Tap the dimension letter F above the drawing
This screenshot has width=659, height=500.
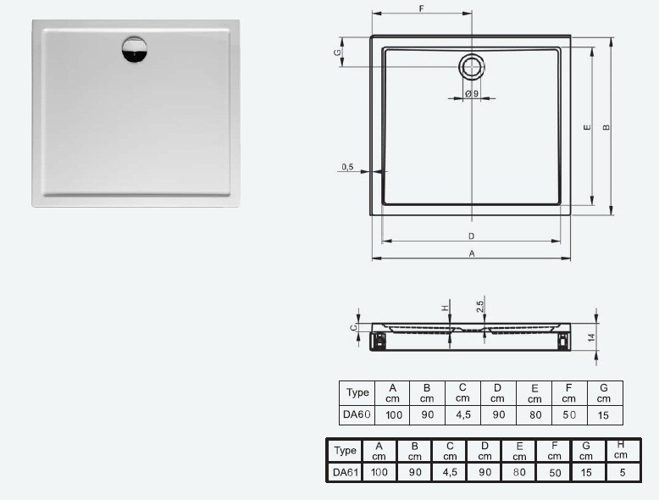[421, 8]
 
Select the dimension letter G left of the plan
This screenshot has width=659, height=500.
[337, 53]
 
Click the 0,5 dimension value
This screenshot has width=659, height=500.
[347, 167]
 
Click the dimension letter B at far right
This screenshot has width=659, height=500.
[606, 128]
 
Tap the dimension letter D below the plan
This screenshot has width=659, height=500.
[471, 236]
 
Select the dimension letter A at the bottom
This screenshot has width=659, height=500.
[471, 253]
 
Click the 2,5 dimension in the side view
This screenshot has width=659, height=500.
[480, 305]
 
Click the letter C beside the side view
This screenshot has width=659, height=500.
[354, 326]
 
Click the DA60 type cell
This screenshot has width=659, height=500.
[357, 414]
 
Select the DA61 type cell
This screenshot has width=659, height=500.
[345, 472]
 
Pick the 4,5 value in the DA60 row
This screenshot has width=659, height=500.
[462, 415]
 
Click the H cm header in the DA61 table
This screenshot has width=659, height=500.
[622, 450]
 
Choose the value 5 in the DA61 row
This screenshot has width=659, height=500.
[622, 473]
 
